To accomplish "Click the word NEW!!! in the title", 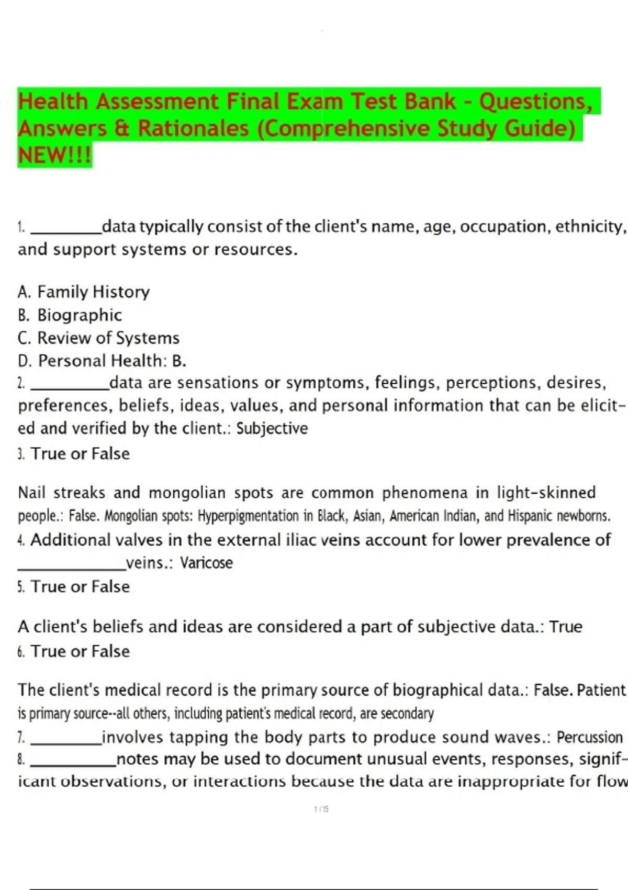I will tap(54, 155).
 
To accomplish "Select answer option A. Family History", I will tap(84, 292).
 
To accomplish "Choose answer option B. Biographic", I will tap(70, 315).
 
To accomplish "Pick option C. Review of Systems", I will tap(98, 338).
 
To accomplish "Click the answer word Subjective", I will tap(272, 428).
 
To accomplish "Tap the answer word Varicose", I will tap(206, 563).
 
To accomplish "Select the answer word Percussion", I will tap(589, 737).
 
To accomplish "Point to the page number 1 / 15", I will tap(321, 809).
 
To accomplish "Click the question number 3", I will tap(21, 454).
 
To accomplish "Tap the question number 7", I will tap(21, 738).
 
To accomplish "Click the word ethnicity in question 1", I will tap(590, 227).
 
